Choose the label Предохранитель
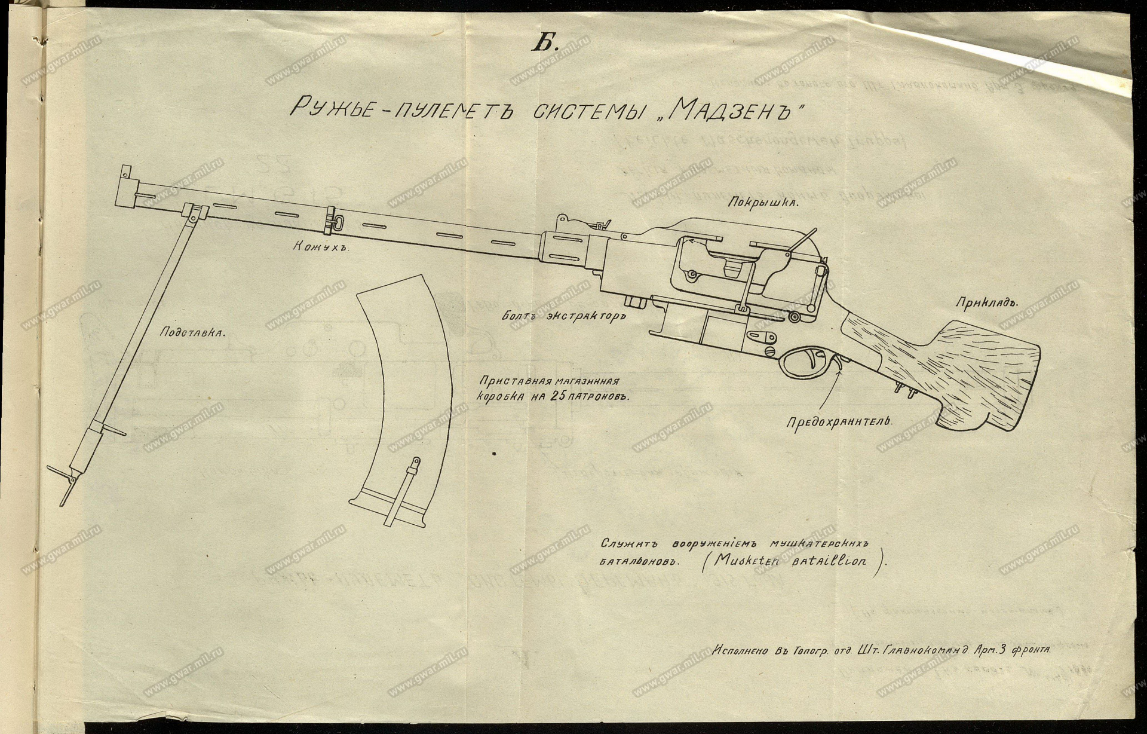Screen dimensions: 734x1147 [839, 421]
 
